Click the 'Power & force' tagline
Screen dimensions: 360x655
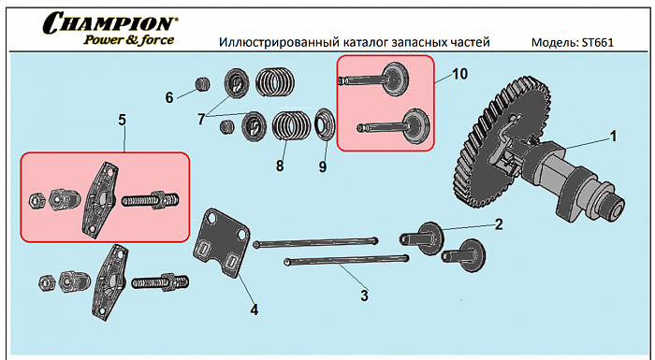point(127,39)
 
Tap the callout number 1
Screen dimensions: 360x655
point(613,136)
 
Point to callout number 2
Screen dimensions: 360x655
point(499,223)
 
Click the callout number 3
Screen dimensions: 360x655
point(365,295)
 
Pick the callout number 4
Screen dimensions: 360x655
point(254,309)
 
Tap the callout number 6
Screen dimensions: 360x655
point(169,97)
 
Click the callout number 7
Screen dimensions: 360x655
point(201,119)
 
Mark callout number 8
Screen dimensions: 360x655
point(279,166)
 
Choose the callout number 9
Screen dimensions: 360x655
point(323,166)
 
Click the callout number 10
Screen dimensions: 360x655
point(458,73)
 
